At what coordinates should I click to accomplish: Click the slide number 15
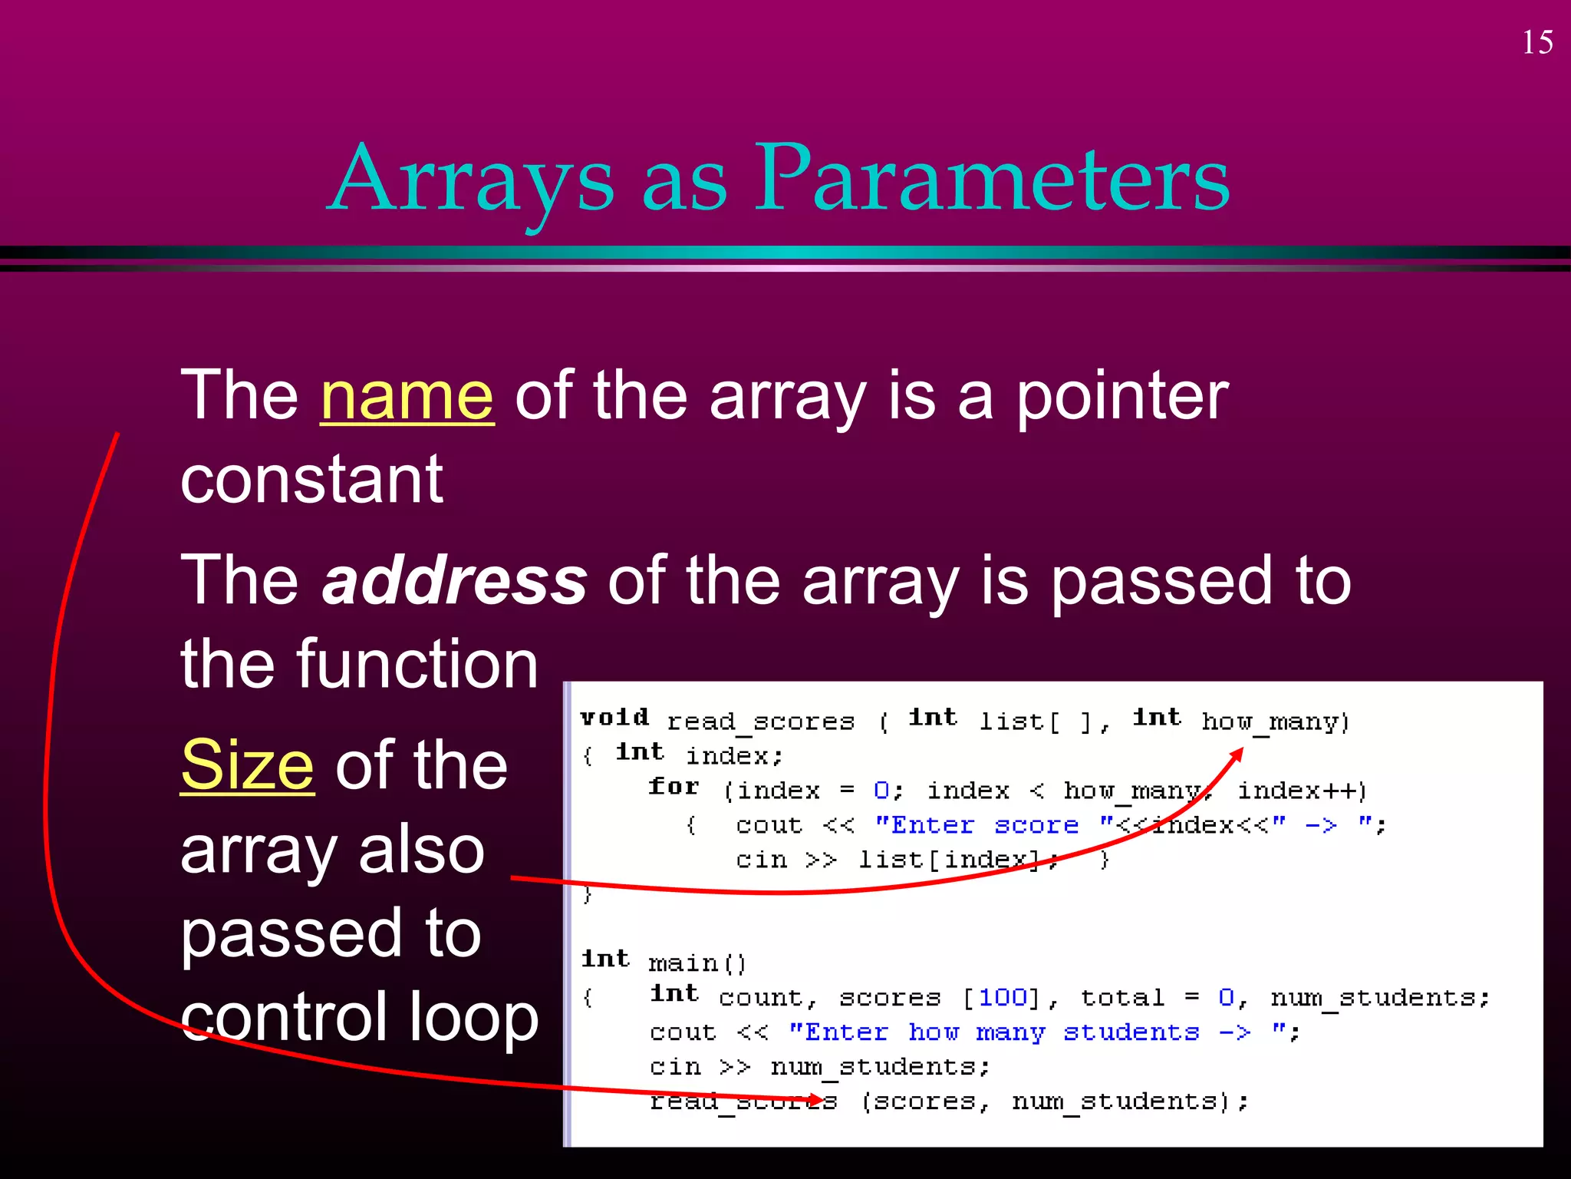click(x=1537, y=42)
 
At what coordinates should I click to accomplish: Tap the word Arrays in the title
click(x=473, y=180)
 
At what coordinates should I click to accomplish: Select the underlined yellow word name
click(x=407, y=396)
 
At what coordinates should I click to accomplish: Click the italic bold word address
click(x=455, y=581)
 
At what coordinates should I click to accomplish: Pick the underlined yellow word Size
click(x=247, y=765)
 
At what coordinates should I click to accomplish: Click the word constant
click(x=311, y=480)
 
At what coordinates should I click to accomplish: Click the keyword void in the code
click(x=614, y=718)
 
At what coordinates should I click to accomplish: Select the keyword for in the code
click(x=674, y=787)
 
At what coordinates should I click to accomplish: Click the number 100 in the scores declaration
click(x=1003, y=997)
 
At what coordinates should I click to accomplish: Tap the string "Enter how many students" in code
click(x=1020, y=1032)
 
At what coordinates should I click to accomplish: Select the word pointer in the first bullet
click(x=1121, y=396)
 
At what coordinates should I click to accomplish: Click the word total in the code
click(x=1122, y=997)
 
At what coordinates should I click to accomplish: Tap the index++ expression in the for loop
click(x=1301, y=791)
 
